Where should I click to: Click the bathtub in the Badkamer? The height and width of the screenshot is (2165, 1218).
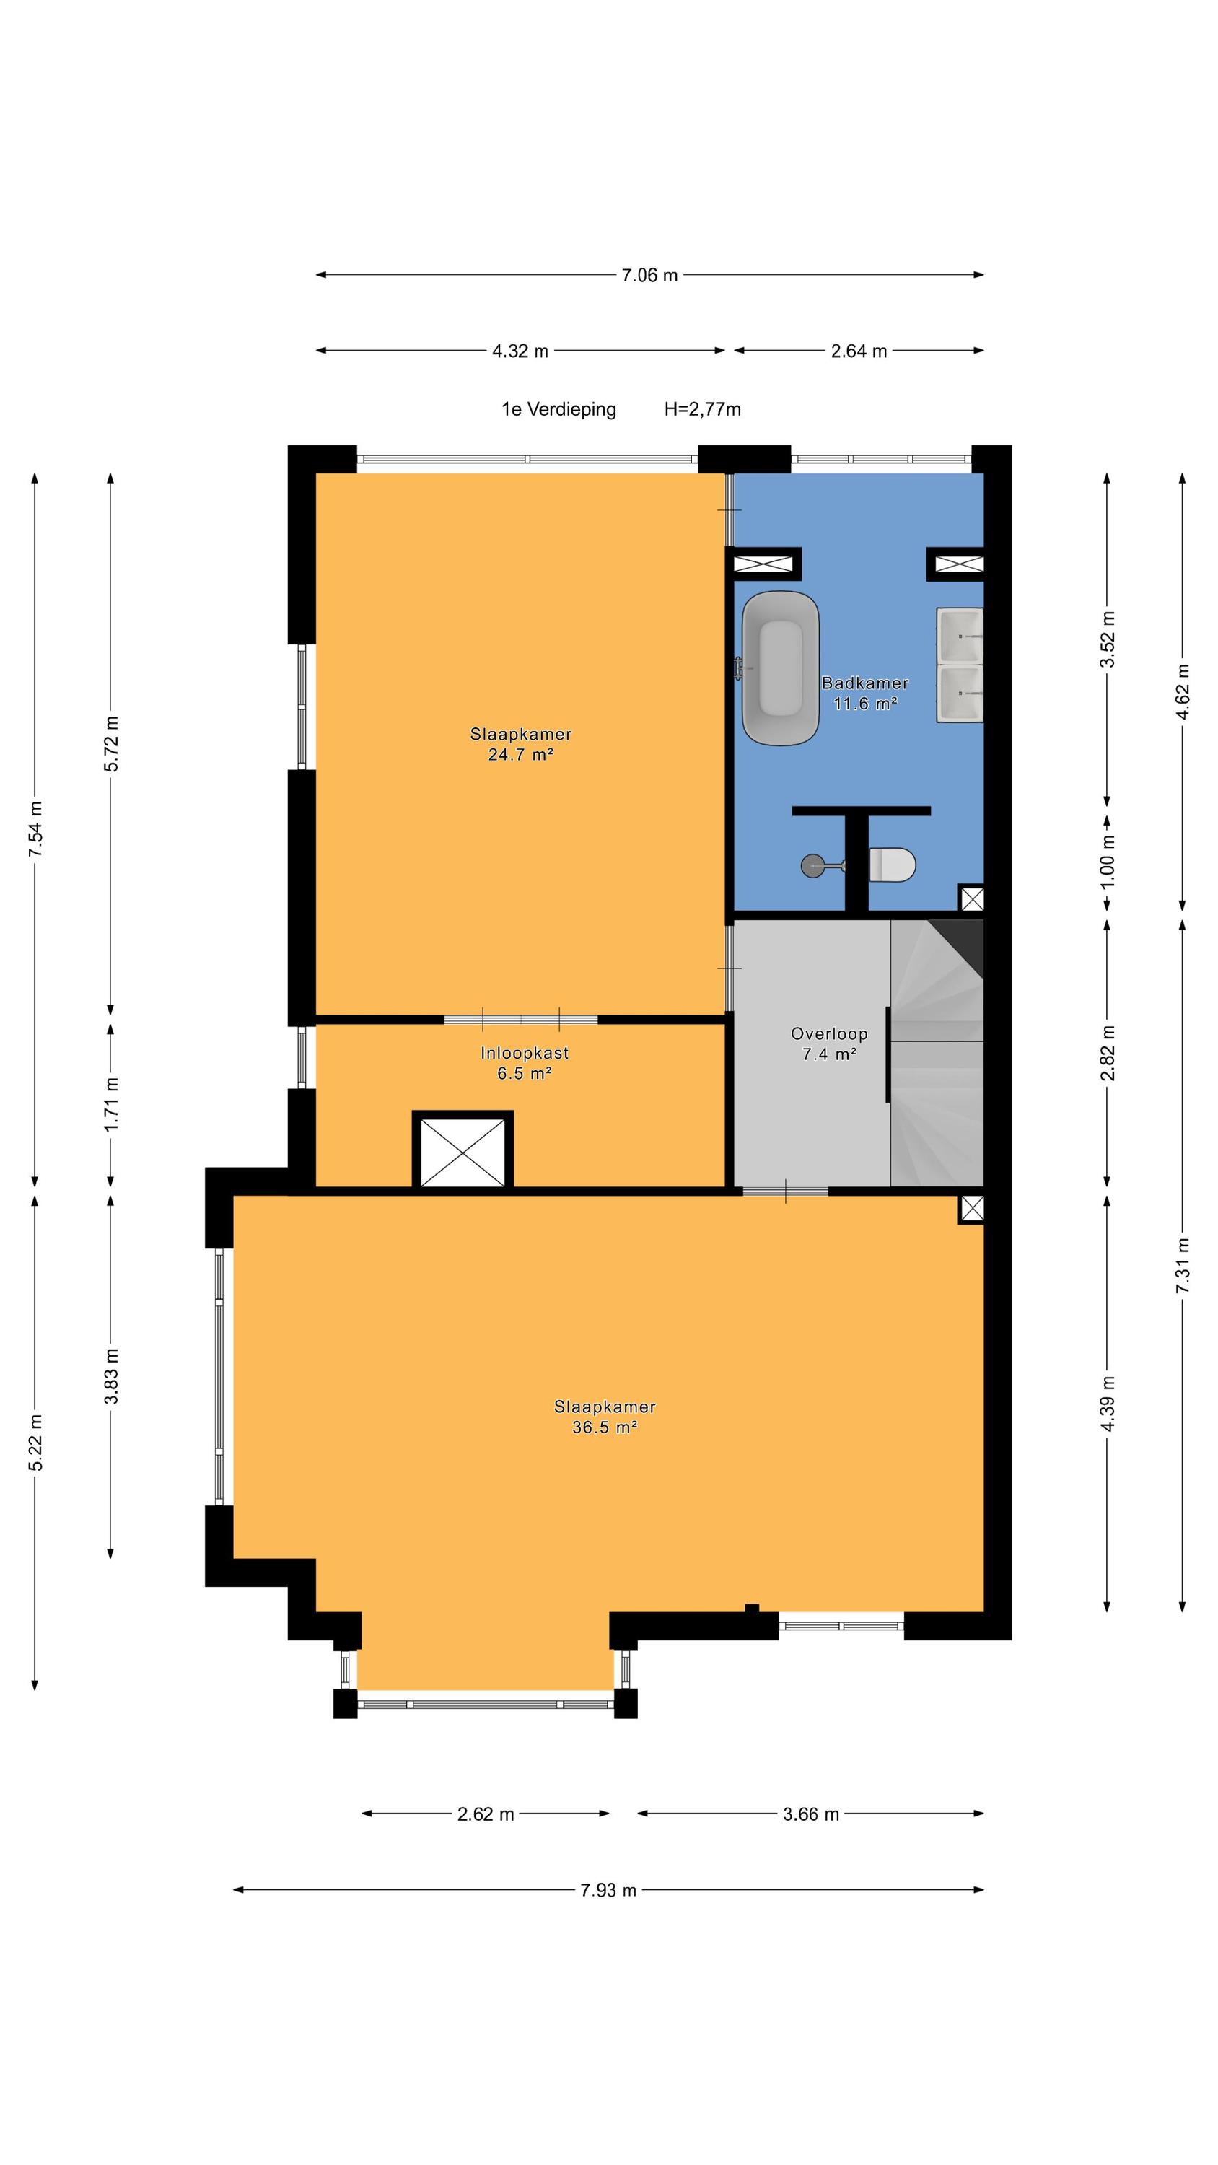tap(780, 668)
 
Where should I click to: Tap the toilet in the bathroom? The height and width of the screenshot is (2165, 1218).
tap(892, 864)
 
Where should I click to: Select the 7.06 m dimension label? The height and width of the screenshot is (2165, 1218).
tap(649, 275)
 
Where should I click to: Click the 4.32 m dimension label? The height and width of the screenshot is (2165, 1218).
tap(520, 351)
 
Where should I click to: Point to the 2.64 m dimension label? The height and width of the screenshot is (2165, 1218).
tap(858, 351)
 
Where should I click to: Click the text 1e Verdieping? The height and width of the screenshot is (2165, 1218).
tap(558, 409)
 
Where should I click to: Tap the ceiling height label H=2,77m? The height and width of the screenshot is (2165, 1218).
tap(702, 409)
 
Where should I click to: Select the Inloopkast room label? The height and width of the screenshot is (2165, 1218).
tap(524, 1052)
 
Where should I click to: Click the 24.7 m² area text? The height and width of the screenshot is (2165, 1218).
tap(520, 754)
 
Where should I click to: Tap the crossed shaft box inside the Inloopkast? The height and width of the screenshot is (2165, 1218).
tap(463, 1150)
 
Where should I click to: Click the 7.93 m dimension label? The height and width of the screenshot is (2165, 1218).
tap(608, 1890)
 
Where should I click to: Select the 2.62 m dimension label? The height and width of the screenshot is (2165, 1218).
tap(485, 1814)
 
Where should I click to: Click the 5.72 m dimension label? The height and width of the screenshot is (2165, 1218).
tap(111, 743)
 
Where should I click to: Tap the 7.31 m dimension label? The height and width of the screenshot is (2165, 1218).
tap(1183, 1265)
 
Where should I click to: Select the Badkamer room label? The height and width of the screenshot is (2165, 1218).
tap(864, 683)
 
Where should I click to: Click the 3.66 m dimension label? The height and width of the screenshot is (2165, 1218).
tap(810, 1814)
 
